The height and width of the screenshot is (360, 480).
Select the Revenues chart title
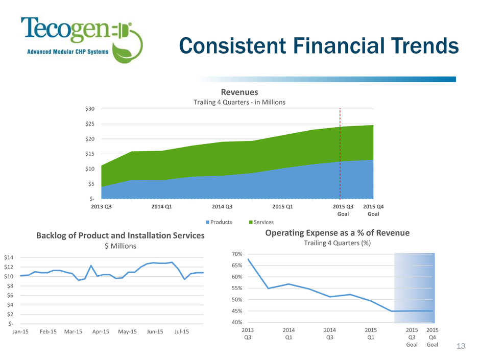tap(239, 92)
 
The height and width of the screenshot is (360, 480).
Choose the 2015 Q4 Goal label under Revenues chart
tap(373, 210)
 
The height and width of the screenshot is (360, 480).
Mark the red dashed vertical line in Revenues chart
tap(340, 153)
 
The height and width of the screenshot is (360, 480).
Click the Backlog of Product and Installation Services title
tap(120, 235)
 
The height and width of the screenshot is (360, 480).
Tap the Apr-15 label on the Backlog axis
tap(102, 332)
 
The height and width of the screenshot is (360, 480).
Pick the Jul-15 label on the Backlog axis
tap(182, 332)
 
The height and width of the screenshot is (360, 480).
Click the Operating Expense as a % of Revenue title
tap(337, 233)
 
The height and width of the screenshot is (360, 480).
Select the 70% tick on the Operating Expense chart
tap(231, 254)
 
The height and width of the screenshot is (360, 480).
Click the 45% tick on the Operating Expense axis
tap(231, 311)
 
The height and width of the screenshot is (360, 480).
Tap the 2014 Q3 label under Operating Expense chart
tap(330, 334)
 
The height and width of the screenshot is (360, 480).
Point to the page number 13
tap(461, 347)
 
